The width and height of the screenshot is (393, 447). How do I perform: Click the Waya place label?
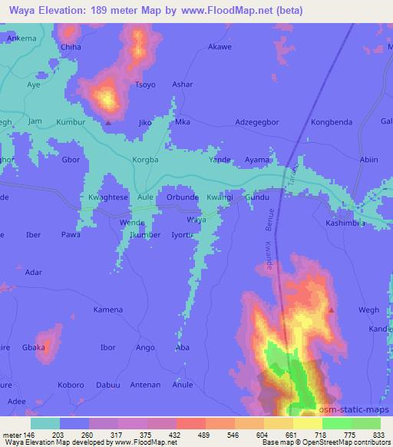click(x=197, y=220)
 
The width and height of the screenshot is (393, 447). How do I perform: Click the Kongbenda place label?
click(x=332, y=122)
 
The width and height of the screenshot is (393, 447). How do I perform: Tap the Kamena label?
click(x=107, y=310)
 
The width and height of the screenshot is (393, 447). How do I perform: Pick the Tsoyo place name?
click(x=144, y=84)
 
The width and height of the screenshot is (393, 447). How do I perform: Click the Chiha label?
click(x=71, y=47)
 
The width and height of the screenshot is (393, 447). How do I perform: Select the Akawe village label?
click(x=220, y=47)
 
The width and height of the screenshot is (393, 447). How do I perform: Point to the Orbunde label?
click(x=183, y=197)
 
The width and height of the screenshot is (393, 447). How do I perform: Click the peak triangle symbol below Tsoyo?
click(x=108, y=122)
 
